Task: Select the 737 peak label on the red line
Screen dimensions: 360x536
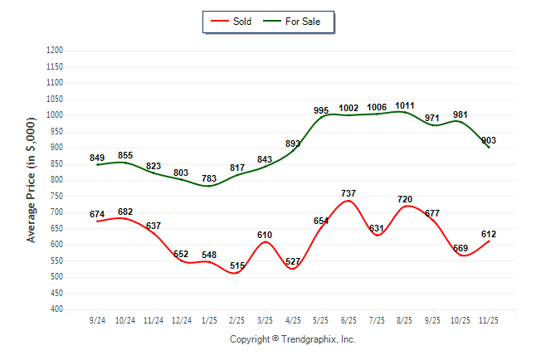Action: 348,193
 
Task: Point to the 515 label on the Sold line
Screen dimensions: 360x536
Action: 238,265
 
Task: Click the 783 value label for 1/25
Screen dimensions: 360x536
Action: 209,178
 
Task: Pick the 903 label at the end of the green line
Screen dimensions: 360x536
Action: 489,141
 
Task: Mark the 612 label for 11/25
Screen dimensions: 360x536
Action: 489,235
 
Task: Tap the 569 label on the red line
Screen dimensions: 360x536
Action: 460,249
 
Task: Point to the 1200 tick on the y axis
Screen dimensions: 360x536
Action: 56,51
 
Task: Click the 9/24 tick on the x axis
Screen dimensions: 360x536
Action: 96,319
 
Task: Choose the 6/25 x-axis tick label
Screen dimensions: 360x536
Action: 348,319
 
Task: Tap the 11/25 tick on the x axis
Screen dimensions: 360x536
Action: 489,319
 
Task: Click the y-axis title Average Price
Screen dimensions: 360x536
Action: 32,180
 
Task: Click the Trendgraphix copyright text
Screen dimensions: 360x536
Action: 292,339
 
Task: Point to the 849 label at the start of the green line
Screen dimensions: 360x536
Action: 98,158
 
